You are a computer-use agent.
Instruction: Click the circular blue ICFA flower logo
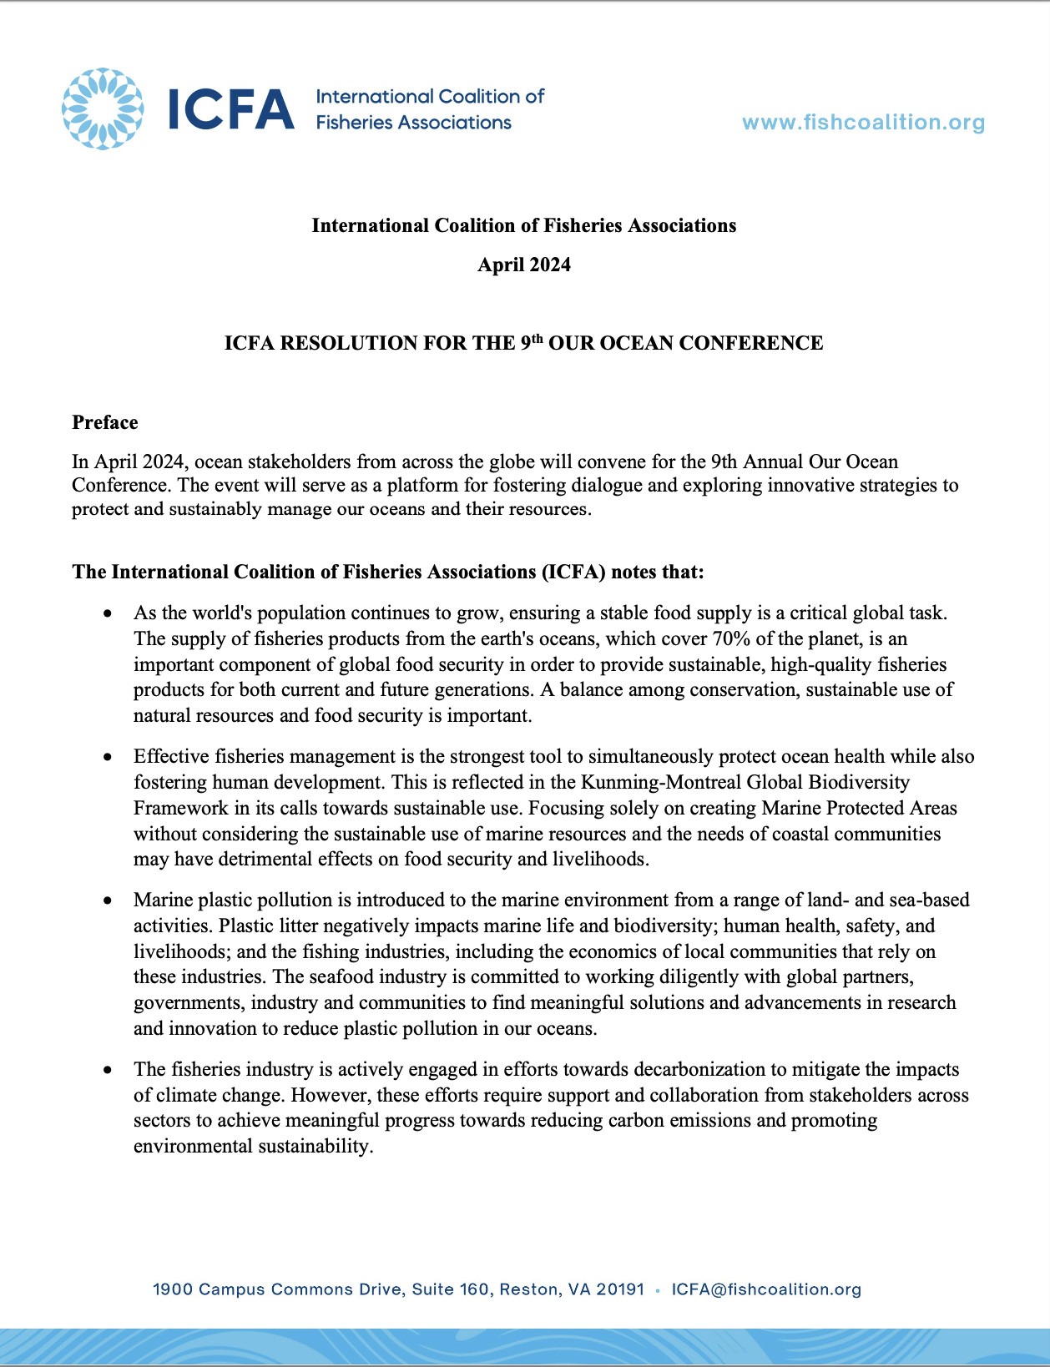[x=102, y=109]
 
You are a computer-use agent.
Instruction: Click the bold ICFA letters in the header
[x=231, y=110]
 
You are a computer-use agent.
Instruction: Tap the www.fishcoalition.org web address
[x=863, y=123]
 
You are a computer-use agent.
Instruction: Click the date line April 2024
[x=524, y=265]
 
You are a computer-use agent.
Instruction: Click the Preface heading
[x=105, y=422]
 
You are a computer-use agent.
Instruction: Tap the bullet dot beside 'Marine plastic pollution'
[x=108, y=900]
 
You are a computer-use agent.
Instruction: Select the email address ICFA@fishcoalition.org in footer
[x=766, y=1289]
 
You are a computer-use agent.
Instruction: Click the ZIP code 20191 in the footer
[x=620, y=1289]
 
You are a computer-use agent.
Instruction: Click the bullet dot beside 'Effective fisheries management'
[x=108, y=757]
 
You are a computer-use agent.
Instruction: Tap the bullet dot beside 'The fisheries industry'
[x=108, y=1070]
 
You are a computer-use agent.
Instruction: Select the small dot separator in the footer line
[x=658, y=1290]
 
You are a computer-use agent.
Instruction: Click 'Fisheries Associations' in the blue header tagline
[x=413, y=123]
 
